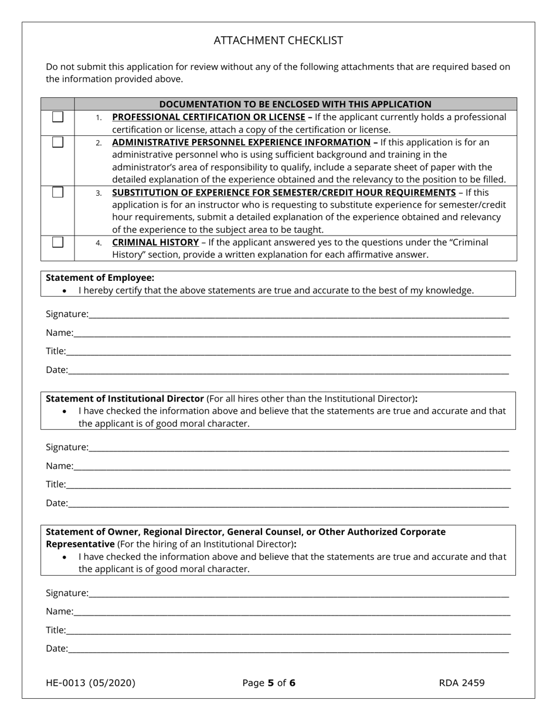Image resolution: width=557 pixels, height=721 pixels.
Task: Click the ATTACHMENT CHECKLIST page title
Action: click(278, 40)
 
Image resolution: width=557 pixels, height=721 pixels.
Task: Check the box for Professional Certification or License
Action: click(57, 117)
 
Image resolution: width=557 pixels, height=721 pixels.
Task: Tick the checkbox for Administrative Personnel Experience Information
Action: click(57, 142)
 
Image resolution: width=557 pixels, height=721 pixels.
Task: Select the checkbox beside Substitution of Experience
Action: click(57, 192)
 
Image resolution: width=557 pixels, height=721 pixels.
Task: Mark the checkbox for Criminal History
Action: click(57, 242)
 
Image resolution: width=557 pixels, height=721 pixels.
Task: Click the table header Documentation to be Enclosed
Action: click(295, 104)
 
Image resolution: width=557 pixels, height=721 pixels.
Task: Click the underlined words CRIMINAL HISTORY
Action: click(155, 242)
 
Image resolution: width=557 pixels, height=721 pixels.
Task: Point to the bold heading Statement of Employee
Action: click(100, 278)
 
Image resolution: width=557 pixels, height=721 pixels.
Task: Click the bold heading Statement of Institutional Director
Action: click(125, 399)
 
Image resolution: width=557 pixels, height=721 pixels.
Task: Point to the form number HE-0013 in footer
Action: click(90, 682)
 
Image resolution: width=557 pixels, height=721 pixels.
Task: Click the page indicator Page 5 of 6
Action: click(269, 682)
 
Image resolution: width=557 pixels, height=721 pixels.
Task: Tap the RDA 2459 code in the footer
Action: click(461, 682)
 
